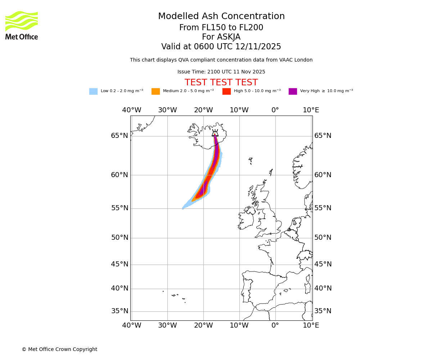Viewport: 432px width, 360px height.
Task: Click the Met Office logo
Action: tap(22, 25)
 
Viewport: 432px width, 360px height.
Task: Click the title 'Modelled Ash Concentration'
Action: tap(221, 17)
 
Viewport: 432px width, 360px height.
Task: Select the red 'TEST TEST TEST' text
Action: tap(221, 83)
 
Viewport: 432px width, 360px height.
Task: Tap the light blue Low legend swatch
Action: tap(93, 91)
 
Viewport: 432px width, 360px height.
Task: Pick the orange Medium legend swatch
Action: tap(156, 91)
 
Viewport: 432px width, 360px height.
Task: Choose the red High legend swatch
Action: tap(226, 91)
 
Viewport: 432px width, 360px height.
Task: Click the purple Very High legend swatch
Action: tap(293, 91)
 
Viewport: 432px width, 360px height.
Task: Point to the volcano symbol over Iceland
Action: tap(215, 133)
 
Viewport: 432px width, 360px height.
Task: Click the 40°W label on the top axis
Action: tap(131, 110)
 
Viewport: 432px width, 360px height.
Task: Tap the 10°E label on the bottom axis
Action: tap(311, 325)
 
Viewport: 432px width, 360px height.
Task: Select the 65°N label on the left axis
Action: tap(120, 136)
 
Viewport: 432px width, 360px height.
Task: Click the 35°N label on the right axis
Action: tap(323, 311)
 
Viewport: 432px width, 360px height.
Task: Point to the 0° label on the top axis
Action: tap(275, 110)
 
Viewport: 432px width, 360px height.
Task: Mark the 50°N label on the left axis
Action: tap(120, 238)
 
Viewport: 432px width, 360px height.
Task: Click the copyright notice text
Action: tap(59, 349)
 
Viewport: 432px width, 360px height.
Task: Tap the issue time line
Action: tap(221, 72)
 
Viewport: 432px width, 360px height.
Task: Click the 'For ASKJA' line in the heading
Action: tap(221, 37)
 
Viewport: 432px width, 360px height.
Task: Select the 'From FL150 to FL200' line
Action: tap(221, 28)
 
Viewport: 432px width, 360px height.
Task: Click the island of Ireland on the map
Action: tap(246, 220)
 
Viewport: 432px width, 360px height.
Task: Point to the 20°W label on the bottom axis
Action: tap(203, 325)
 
